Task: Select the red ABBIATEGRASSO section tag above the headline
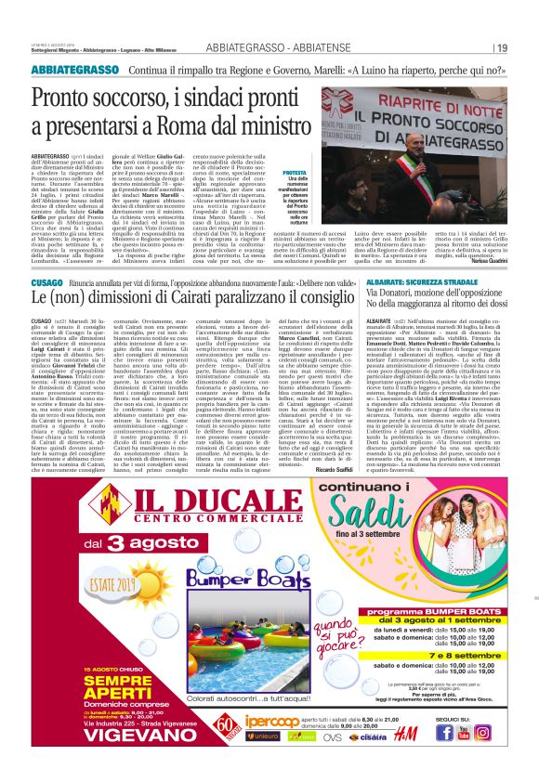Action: tap(70, 70)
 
